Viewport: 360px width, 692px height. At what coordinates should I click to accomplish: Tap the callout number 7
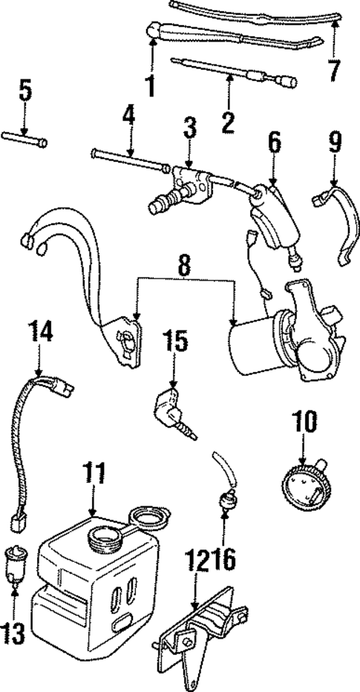pos(334,71)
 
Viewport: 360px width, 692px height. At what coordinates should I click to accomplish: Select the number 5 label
pos(26,93)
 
